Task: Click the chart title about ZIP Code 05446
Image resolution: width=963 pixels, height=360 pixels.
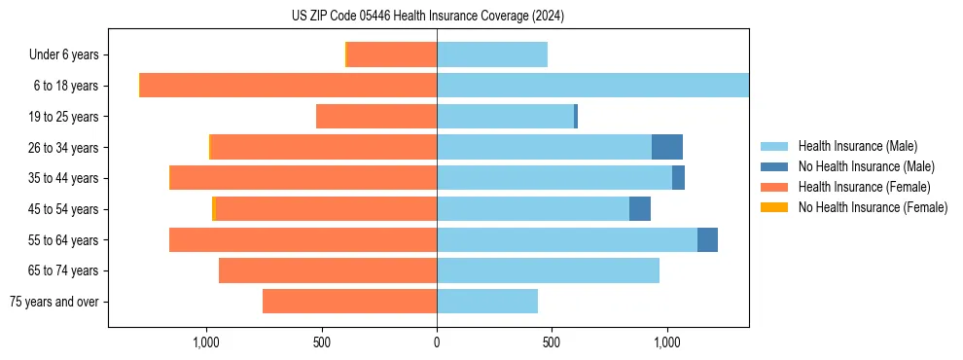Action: coord(427,16)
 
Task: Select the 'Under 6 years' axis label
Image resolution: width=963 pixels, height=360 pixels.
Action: coord(70,55)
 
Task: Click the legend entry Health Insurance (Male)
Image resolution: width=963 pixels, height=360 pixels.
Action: coord(857,146)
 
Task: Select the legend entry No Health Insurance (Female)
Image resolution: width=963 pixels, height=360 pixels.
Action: coord(873,207)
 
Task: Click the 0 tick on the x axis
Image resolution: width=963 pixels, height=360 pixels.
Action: coord(437,342)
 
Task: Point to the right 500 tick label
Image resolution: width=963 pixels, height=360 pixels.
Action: coord(552,342)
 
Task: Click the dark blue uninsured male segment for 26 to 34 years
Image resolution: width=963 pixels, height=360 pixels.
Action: coord(667,147)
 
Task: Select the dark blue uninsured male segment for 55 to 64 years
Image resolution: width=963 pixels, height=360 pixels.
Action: coord(707,240)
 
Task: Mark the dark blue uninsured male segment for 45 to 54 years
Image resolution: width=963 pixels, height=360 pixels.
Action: coord(640,209)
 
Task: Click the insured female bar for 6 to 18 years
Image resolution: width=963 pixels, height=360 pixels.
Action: coord(289,86)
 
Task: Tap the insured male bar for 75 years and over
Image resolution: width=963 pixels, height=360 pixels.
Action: coord(487,302)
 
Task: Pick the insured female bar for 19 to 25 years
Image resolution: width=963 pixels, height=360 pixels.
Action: coord(376,117)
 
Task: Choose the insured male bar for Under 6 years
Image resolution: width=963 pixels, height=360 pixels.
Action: coord(492,55)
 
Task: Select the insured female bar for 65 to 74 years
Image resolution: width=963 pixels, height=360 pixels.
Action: coord(328,270)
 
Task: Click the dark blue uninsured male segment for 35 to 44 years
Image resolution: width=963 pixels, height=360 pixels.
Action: coord(678,178)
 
